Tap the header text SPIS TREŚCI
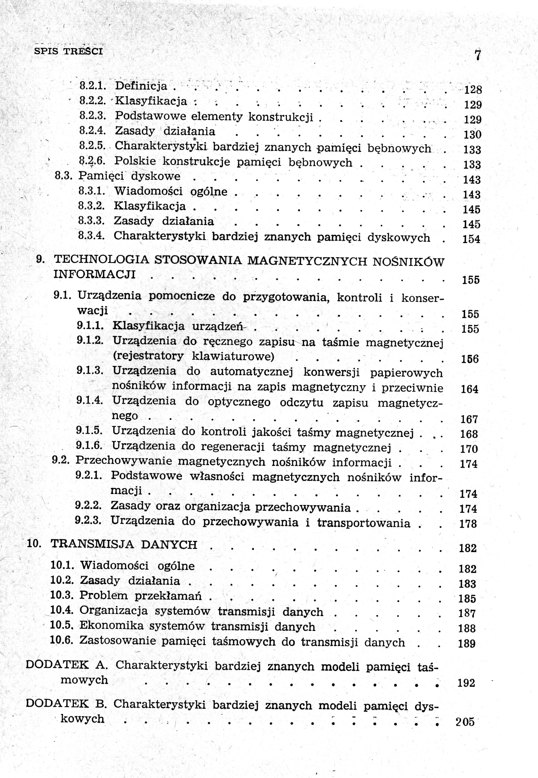[68, 52]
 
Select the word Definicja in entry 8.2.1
[141, 86]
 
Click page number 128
[473, 90]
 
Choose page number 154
[471, 239]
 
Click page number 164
[470, 389]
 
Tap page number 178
[468, 524]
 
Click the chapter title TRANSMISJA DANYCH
[124, 545]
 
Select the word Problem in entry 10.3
[104, 596]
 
